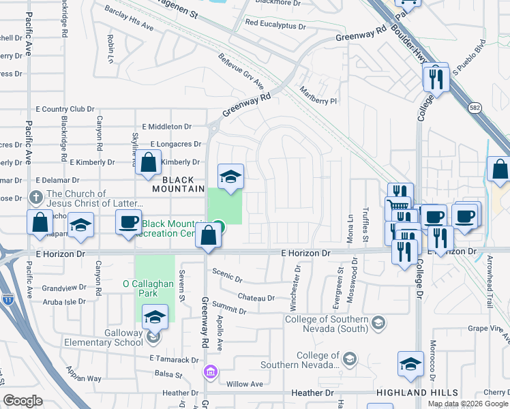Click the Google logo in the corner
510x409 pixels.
(x=23, y=401)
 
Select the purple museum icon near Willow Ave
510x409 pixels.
(x=210, y=371)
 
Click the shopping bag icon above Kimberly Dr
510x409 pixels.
(x=148, y=164)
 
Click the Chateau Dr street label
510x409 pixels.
(x=256, y=297)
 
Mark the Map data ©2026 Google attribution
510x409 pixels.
(x=467, y=404)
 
